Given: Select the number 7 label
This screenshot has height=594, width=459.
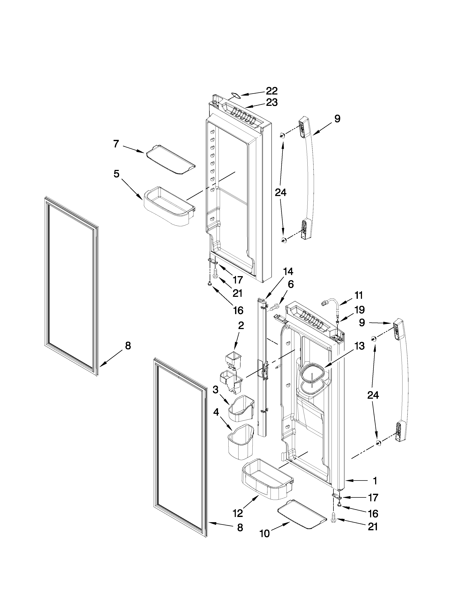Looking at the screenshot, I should [116, 144].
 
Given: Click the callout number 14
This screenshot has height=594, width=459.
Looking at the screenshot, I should [288, 272].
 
